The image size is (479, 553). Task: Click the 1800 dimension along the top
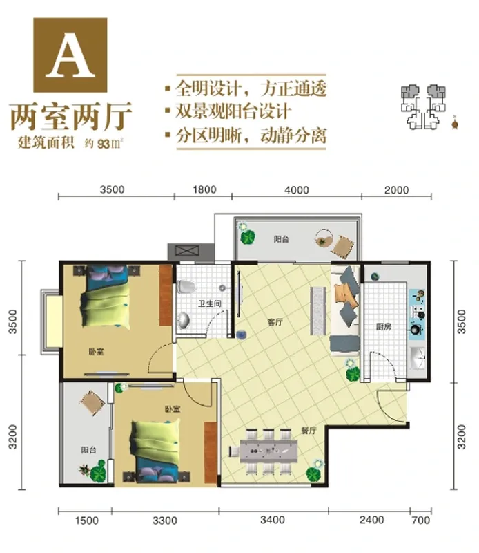click(x=204, y=189)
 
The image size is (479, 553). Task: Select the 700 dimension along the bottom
click(x=420, y=520)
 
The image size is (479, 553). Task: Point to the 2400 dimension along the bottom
click(x=372, y=520)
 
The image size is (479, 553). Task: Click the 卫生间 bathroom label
click(x=210, y=303)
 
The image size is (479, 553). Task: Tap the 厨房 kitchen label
click(x=384, y=326)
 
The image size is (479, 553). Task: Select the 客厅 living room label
click(x=275, y=322)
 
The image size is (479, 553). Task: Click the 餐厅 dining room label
click(x=309, y=430)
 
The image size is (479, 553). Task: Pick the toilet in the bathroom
click(x=186, y=286)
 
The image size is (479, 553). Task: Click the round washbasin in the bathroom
click(x=184, y=320)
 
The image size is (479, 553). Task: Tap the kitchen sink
click(x=418, y=358)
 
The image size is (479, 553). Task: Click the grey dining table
click(x=268, y=451)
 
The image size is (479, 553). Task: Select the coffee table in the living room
click(x=318, y=310)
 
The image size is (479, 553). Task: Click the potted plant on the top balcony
click(x=247, y=236)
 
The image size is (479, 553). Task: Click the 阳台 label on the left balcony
click(x=88, y=450)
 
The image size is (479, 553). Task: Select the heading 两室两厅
click(x=71, y=116)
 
